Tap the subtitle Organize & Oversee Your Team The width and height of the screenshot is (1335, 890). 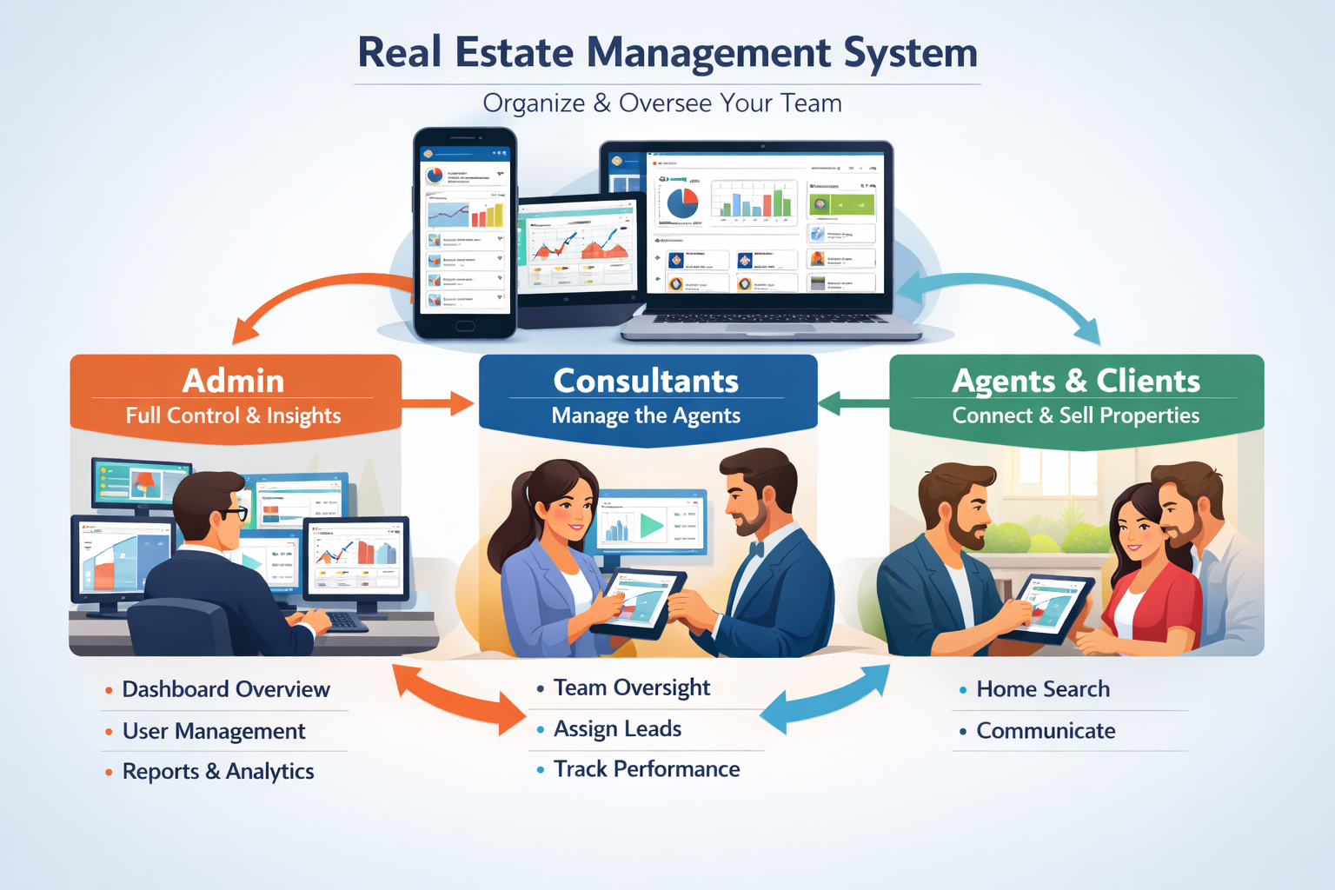coord(662,103)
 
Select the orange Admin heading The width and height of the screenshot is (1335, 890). coord(233,381)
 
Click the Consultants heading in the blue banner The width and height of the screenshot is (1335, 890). coord(646,381)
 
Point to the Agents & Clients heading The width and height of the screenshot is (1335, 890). coord(1075,381)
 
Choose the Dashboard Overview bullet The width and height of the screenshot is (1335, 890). coord(225,689)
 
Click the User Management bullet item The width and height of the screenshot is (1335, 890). coord(214,731)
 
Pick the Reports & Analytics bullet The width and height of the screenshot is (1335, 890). coord(218,772)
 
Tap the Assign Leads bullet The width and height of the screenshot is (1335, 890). coord(617,729)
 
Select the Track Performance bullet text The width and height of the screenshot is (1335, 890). coord(647,769)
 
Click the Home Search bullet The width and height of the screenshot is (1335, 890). coord(1042,689)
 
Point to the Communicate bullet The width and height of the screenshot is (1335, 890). coord(1046,731)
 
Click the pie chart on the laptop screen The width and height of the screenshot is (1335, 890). coord(682,203)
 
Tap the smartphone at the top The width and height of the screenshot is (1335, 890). coord(465,233)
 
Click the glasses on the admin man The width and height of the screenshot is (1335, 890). coord(232,513)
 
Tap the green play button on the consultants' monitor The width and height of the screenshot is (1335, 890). coord(651,526)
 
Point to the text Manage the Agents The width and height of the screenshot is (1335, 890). coord(646,415)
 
